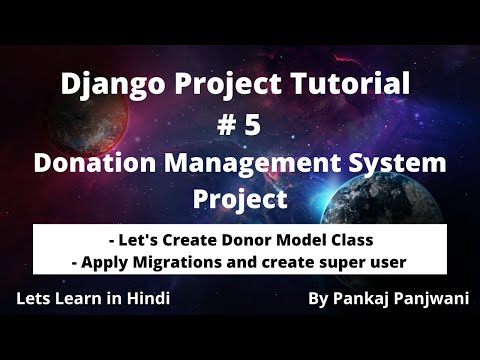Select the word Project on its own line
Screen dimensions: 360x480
point(240,197)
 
